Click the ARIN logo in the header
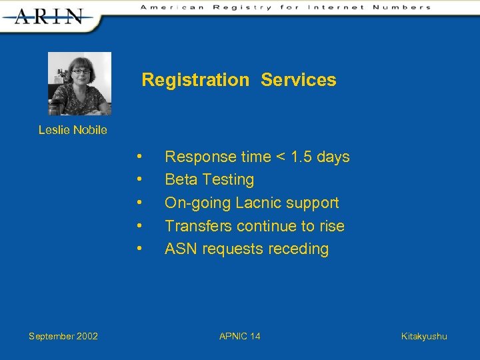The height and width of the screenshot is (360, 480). click(x=49, y=15)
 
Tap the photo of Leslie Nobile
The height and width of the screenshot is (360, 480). click(x=79, y=83)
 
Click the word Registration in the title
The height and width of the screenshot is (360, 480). click(x=195, y=80)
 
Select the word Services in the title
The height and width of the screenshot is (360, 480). click(x=299, y=80)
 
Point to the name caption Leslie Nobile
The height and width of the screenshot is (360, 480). click(x=73, y=130)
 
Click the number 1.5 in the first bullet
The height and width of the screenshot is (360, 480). click(x=301, y=157)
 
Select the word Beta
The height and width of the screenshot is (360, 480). click(x=181, y=179)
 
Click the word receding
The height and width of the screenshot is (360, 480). click(x=298, y=249)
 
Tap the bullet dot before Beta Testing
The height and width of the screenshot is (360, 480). click(x=139, y=179)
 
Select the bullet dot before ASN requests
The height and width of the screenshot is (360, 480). click(x=139, y=249)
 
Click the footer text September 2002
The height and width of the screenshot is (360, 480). click(x=63, y=336)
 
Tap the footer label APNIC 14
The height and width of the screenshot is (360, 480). click(x=240, y=336)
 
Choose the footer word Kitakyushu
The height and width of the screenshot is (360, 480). click(x=424, y=336)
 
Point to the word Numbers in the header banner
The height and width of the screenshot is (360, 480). click(x=402, y=7)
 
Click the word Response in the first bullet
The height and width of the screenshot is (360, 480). click(x=201, y=157)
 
